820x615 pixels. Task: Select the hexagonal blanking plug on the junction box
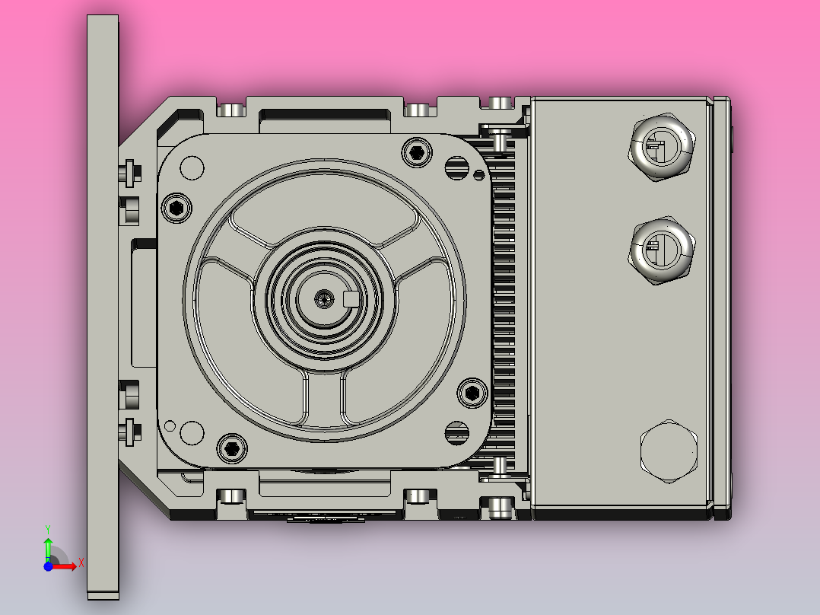click(x=669, y=451)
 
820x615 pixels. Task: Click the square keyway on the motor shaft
click(x=352, y=298)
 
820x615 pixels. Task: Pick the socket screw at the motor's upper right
click(x=416, y=152)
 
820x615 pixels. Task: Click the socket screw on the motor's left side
click(x=176, y=207)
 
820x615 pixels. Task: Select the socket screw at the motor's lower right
click(x=472, y=393)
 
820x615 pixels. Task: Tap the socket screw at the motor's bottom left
click(x=231, y=448)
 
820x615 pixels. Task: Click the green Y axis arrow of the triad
click(x=47, y=544)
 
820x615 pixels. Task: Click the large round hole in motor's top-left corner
click(x=192, y=167)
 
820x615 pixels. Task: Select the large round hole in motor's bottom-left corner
click(x=192, y=432)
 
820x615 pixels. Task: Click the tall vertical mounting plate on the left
click(x=103, y=304)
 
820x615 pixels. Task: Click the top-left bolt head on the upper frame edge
click(x=230, y=110)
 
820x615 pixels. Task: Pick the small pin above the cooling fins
click(x=500, y=138)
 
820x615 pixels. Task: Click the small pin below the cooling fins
click(x=500, y=465)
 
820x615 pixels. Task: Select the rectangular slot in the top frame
click(x=325, y=115)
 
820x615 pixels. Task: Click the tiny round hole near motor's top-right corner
click(x=478, y=176)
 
